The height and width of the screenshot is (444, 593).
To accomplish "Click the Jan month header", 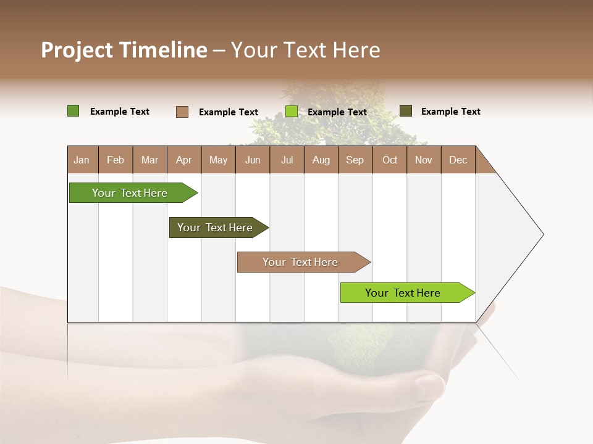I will coord(82,160).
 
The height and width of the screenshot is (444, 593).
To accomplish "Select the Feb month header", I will coord(116,160).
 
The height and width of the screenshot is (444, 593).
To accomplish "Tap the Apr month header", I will coord(183,160).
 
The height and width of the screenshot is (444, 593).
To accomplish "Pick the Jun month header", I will coord(253,160).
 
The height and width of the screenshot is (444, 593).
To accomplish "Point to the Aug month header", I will coord(321,160).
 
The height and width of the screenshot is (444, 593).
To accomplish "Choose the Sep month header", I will coord(355,160).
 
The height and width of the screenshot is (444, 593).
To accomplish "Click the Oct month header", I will coord(390,160).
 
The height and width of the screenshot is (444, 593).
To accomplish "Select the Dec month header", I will coord(458,160).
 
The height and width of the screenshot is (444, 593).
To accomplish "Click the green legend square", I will coord(74,111).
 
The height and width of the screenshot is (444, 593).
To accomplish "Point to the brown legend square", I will coord(182,112).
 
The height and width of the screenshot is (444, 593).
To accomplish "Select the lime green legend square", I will coord(292,112).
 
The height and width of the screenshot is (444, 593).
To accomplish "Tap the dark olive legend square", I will coord(406,111).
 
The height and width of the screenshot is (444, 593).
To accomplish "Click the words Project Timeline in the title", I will coord(124,50).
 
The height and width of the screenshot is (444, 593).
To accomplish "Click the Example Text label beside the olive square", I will coord(450,112).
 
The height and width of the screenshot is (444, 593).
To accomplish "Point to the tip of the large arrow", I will coord(542,234).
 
